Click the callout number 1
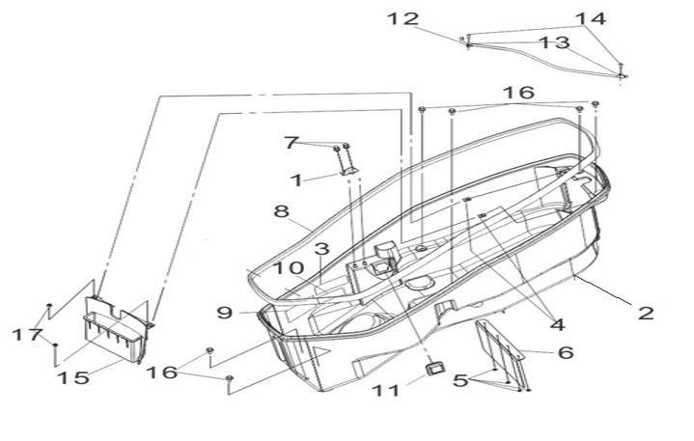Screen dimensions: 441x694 pyautogui.click(x=296, y=179)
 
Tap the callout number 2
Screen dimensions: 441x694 pyautogui.click(x=646, y=313)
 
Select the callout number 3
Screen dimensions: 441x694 pyautogui.click(x=321, y=249)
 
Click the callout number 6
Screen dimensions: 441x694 pyautogui.click(x=565, y=353)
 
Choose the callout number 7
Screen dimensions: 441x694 pyautogui.click(x=291, y=143)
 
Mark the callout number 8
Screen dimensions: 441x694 pyautogui.click(x=281, y=210)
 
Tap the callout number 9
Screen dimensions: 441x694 pyautogui.click(x=224, y=313)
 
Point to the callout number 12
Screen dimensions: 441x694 pyautogui.click(x=404, y=18)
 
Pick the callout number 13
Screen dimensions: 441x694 pyautogui.click(x=555, y=42)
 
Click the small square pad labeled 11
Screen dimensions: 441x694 pyautogui.click(x=434, y=368)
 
